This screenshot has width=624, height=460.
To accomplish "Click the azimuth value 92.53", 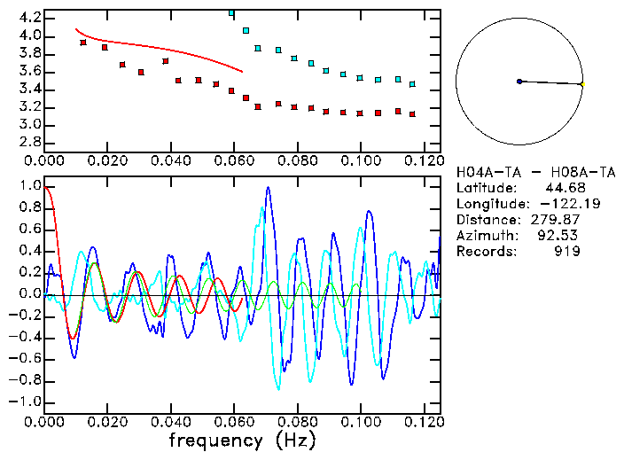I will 562,236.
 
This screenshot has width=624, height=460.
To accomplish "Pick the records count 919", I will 567,252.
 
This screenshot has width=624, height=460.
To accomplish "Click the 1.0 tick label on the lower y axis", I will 29,187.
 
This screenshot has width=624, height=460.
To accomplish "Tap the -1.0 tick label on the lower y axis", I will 27,402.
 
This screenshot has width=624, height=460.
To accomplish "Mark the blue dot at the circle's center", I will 519,82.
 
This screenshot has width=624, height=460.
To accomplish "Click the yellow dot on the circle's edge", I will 581,84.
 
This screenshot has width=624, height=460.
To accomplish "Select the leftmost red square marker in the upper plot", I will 83,43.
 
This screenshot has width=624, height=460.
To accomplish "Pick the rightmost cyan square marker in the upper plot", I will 412,84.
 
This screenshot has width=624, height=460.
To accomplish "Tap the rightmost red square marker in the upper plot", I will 412,114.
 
